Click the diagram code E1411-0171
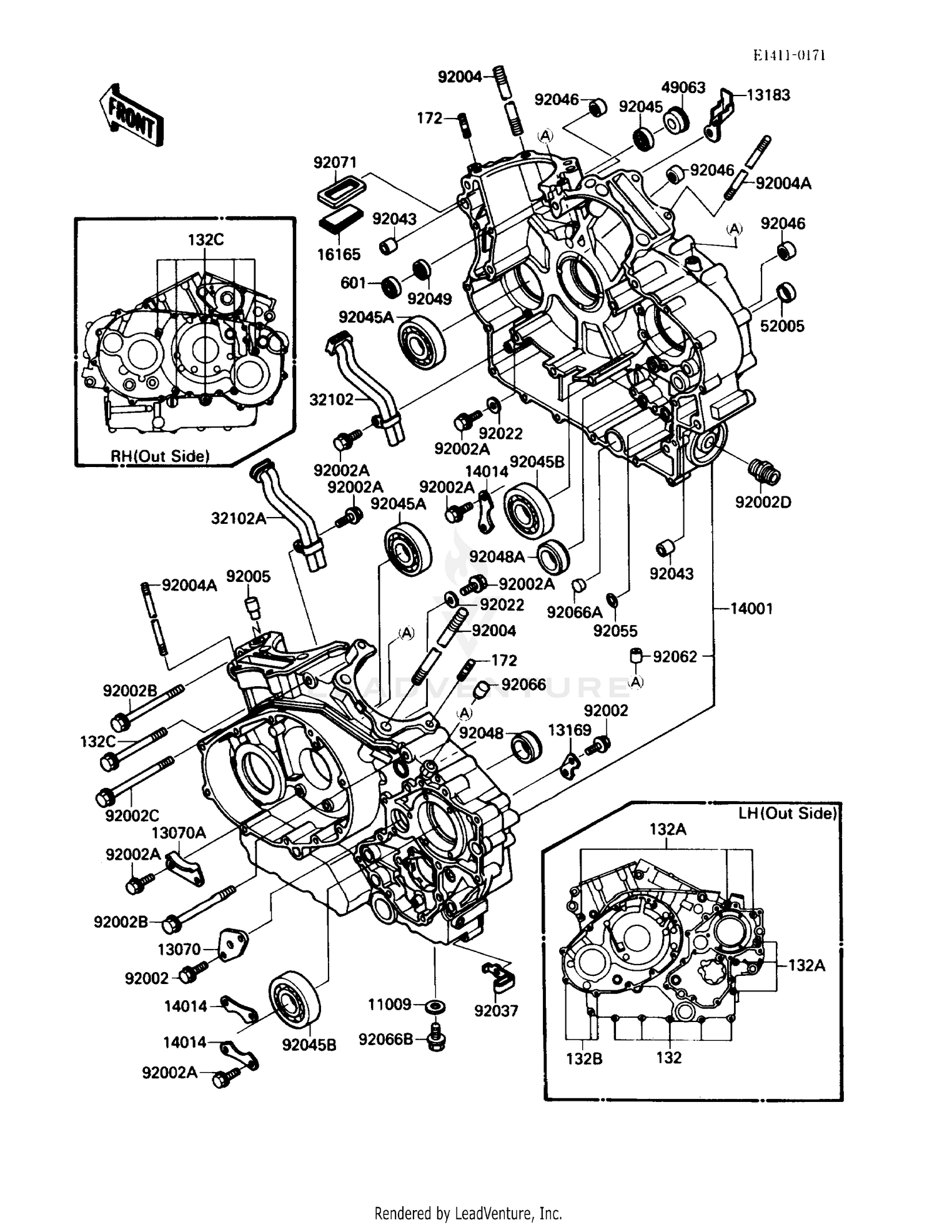tap(789, 55)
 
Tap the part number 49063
tap(683, 87)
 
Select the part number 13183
tap(768, 95)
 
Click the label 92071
tap(335, 162)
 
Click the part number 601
tap(353, 283)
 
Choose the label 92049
tap(430, 299)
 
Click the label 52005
tap(782, 326)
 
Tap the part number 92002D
tap(763, 502)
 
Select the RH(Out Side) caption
tap(160, 456)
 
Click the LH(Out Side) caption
tap(787, 813)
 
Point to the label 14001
tap(751, 608)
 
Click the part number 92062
tap(675, 657)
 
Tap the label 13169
tap(569, 731)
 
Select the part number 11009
tap(389, 1005)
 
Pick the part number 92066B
tap(385, 1039)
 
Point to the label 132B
tap(584, 1059)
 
